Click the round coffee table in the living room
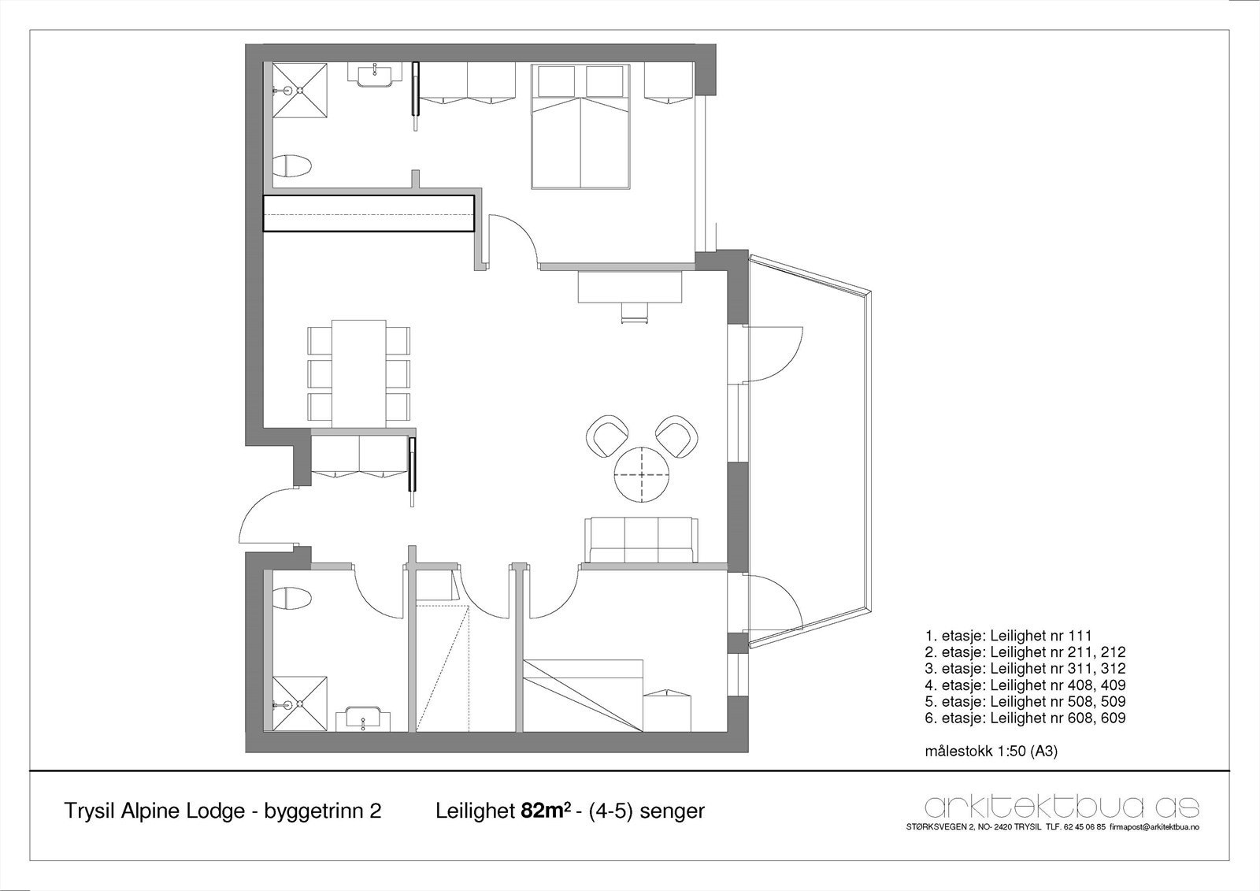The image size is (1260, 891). (x=641, y=474)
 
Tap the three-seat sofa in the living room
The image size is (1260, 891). (x=642, y=540)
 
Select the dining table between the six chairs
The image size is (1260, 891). (x=359, y=373)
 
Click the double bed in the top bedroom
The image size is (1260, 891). (x=580, y=126)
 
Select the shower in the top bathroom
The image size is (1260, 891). (x=300, y=91)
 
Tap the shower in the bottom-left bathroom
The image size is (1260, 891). (x=300, y=704)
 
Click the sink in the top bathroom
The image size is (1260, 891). (x=375, y=75)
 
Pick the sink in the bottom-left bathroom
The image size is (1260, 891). (x=363, y=720)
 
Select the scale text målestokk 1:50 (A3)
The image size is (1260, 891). (x=991, y=751)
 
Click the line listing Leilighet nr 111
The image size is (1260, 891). (x=1009, y=636)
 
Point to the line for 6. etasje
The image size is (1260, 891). (x=1025, y=718)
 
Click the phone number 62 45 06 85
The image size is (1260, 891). (x=1083, y=827)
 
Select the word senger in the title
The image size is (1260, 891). (x=673, y=811)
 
